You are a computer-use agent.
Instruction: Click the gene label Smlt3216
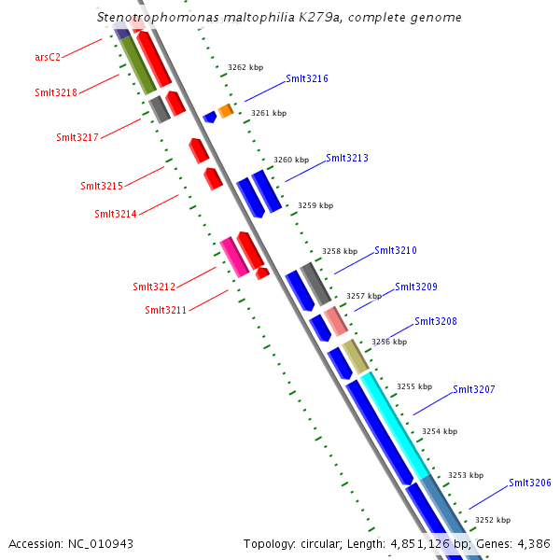[307, 79]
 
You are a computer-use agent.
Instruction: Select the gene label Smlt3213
[347, 159]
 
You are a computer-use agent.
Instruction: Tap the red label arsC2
[48, 57]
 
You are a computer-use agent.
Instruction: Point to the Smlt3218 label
[56, 92]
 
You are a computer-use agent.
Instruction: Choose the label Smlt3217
[77, 138]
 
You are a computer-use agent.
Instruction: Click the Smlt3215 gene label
[102, 187]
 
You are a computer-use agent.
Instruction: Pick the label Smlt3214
[116, 215]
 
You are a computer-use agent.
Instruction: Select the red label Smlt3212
[154, 287]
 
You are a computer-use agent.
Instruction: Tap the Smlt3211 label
[166, 310]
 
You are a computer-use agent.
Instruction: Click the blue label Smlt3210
[396, 250]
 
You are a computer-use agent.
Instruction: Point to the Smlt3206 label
[530, 483]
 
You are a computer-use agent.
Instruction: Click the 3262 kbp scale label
[245, 68]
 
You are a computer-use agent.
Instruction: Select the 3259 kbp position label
[315, 205]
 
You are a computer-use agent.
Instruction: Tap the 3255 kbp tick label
[414, 386]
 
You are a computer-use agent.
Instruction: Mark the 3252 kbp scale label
[493, 520]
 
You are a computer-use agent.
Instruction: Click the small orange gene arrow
[226, 110]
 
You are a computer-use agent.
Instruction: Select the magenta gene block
[234, 257]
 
